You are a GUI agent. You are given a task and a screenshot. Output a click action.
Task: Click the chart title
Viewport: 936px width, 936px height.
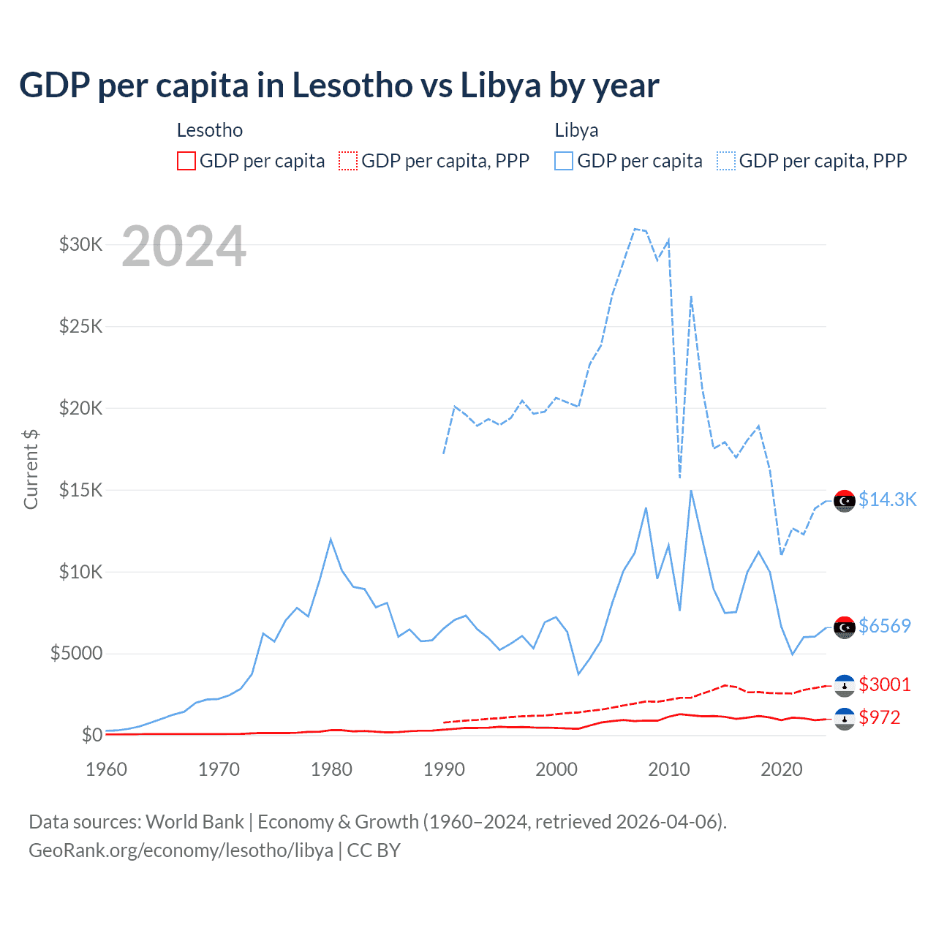click(x=339, y=86)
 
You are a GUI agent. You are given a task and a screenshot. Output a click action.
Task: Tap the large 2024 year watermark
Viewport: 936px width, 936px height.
click(x=184, y=247)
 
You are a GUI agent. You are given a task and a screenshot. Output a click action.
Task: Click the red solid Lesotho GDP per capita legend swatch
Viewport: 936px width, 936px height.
click(x=186, y=161)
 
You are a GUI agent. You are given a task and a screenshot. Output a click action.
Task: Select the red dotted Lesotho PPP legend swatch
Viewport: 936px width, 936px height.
click(x=348, y=161)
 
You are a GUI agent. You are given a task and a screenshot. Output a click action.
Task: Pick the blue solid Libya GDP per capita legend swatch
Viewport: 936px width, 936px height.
click(x=564, y=161)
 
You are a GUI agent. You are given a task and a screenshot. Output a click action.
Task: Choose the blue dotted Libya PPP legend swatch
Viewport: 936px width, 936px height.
click(x=726, y=161)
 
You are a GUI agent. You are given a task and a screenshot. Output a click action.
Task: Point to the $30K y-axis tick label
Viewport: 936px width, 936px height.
click(x=80, y=244)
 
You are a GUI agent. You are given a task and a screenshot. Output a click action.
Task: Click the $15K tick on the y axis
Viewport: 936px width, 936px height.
click(x=80, y=490)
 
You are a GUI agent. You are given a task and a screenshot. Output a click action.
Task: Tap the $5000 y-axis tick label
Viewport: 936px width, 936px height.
click(x=76, y=653)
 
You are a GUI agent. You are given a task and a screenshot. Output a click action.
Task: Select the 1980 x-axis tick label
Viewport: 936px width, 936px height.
click(x=331, y=769)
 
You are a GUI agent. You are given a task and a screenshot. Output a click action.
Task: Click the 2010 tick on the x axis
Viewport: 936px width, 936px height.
click(x=669, y=769)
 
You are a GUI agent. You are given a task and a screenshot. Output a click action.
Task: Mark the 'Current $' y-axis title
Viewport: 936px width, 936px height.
click(x=31, y=469)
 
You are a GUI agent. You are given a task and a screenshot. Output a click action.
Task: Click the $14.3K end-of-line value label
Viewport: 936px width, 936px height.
click(x=887, y=499)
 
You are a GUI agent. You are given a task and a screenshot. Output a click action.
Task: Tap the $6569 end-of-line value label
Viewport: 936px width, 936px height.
click(x=885, y=626)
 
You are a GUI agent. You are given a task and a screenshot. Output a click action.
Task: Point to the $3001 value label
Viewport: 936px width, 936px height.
click(x=885, y=684)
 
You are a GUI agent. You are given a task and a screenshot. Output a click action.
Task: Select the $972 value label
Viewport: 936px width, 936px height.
click(x=880, y=717)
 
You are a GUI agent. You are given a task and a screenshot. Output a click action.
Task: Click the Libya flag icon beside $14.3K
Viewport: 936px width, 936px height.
click(x=845, y=501)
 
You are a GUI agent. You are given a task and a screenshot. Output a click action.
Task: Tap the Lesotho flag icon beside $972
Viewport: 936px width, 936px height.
click(x=845, y=719)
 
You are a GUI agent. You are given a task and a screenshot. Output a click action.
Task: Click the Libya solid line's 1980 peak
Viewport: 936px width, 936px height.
click(x=331, y=540)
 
